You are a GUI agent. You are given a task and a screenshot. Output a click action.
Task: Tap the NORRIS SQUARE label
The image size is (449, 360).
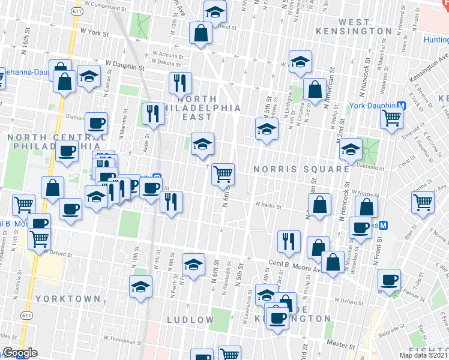click(x=301, y=170)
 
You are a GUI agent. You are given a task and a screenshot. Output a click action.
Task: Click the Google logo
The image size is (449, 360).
click(x=19, y=353)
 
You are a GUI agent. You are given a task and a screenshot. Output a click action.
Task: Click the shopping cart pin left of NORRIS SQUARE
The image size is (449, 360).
click(x=223, y=174)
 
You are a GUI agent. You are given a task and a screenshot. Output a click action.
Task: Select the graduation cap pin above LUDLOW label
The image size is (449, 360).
click(x=193, y=265)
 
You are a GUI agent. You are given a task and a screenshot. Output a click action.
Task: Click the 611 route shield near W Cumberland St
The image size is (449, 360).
click(x=76, y=11)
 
